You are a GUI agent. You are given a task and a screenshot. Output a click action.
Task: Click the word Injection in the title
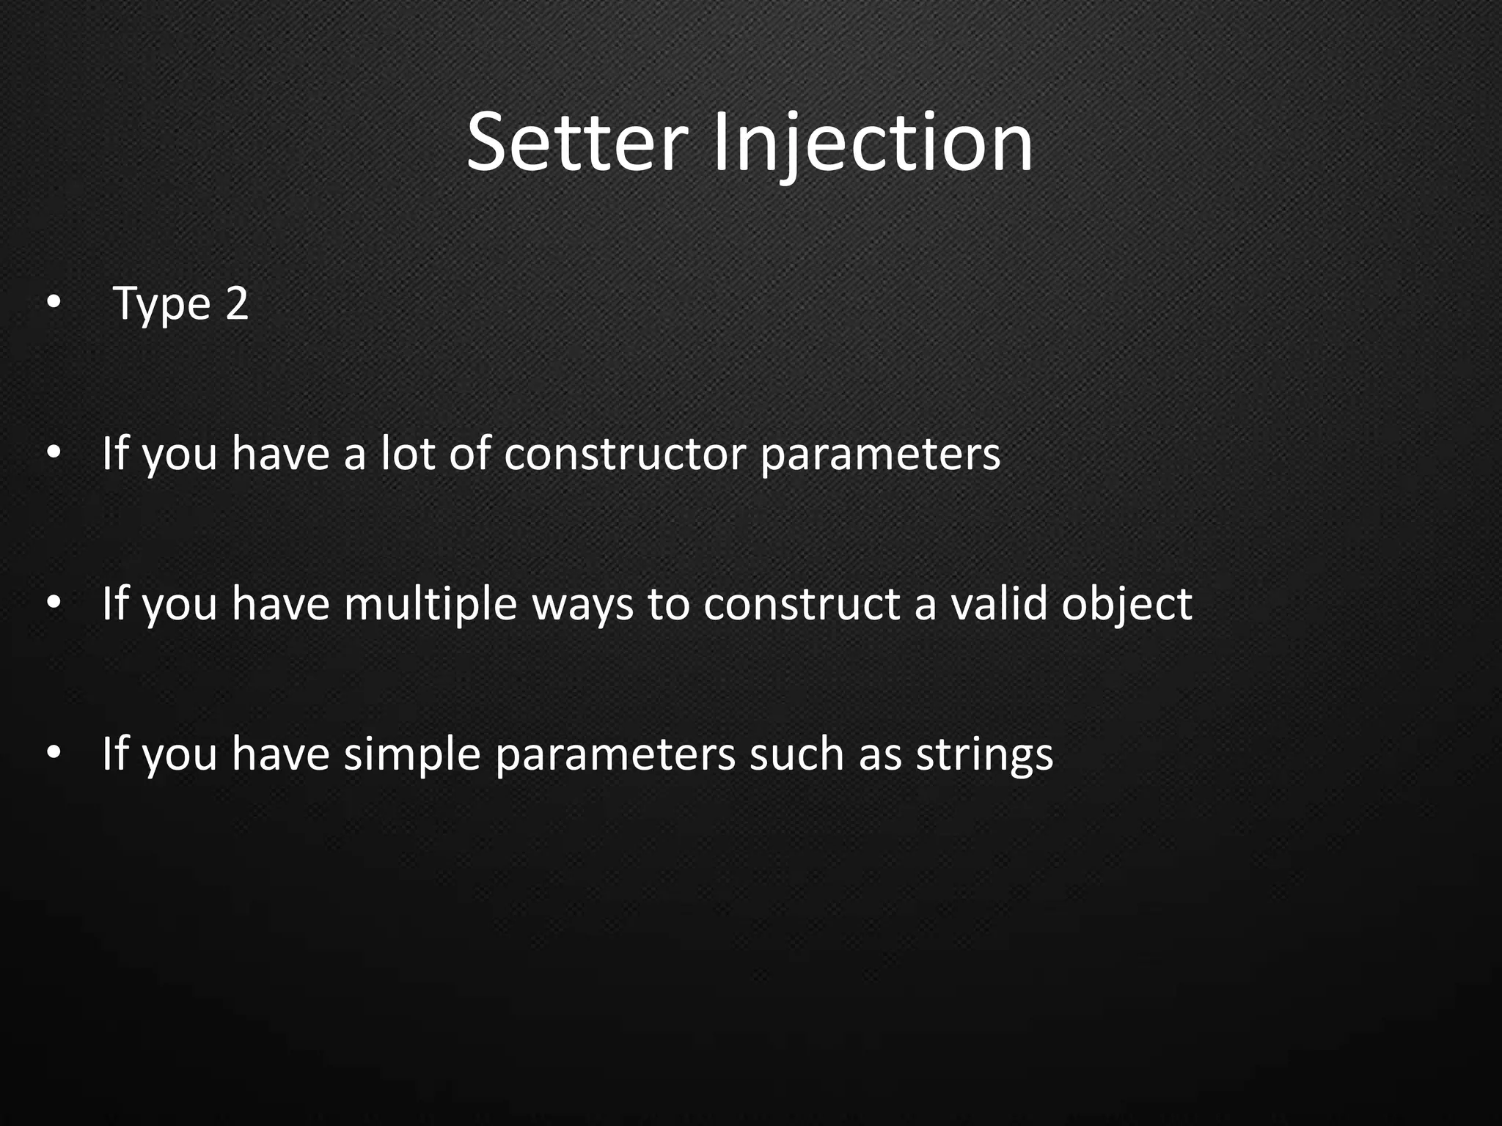[x=873, y=143]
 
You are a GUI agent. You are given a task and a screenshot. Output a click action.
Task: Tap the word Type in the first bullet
[x=162, y=304]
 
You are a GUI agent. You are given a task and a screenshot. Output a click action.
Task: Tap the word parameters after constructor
[x=880, y=455]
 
